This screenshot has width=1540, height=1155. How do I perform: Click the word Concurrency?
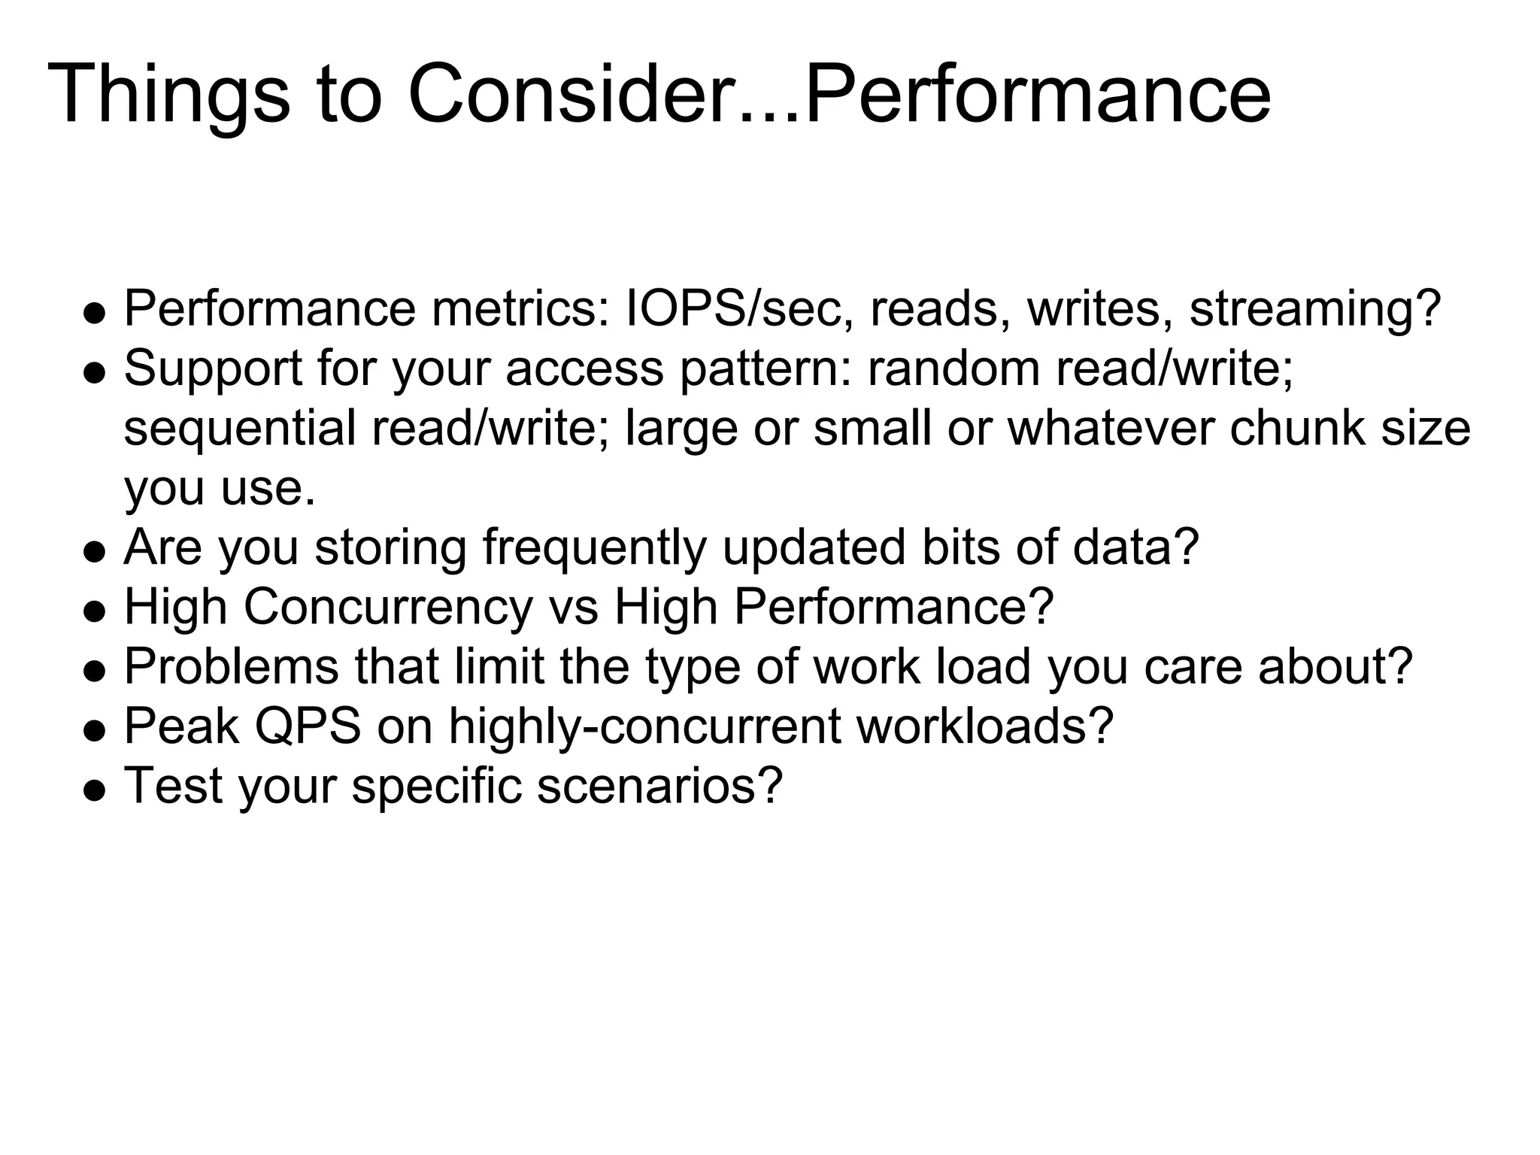click(x=388, y=607)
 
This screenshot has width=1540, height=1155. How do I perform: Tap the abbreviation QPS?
click(x=308, y=726)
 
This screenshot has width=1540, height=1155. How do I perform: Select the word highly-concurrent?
click(x=644, y=726)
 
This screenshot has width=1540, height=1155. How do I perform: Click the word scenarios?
click(x=659, y=786)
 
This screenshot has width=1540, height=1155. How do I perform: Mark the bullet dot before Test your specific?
click(x=93, y=792)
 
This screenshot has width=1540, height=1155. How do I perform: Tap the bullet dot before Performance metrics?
click(x=93, y=314)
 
